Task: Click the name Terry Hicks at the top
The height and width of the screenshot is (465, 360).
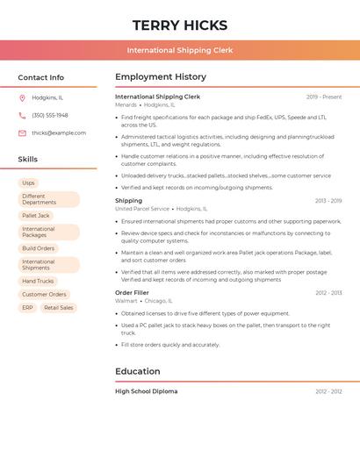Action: (180, 25)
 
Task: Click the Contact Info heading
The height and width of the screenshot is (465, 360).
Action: (41, 77)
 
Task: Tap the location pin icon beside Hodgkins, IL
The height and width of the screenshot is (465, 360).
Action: (22, 97)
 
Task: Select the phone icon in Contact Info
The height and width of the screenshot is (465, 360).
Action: (22, 115)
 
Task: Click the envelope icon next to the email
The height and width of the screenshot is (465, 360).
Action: (22, 133)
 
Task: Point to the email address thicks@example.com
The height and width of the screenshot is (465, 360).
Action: (59, 133)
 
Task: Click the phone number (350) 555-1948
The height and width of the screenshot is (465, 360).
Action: (50, 115)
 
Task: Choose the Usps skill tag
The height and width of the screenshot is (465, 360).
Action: (29, 182)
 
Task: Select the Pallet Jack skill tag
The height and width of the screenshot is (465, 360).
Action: (36, 215)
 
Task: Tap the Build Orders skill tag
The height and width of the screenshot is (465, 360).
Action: (39, 248)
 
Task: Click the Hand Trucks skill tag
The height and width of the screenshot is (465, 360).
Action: (38, 281)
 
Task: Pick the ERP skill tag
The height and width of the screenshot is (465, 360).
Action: (27, 308)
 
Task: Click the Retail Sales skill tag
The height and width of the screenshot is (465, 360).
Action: (59, 308)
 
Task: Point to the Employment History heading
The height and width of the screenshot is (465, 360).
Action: (161, 77)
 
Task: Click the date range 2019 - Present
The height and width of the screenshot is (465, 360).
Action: (324, 97)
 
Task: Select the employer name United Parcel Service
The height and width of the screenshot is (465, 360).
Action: (142, 209)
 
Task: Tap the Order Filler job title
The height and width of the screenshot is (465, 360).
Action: (132, 292)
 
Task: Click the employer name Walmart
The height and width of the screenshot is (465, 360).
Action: (126, 301)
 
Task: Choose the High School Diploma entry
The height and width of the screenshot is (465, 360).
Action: (146, 391)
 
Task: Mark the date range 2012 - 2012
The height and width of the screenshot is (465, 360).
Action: (328, 391)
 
